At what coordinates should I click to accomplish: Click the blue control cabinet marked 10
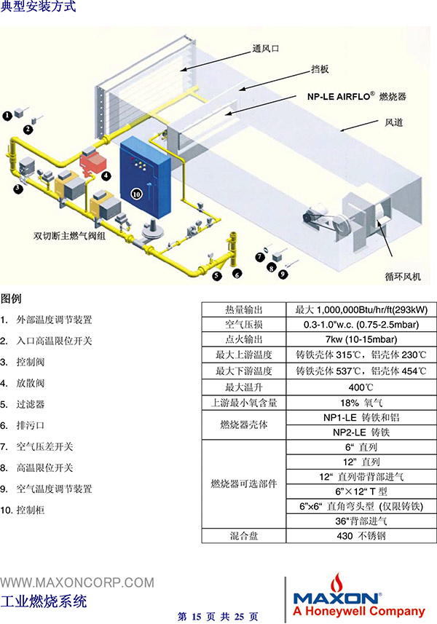pyautogui.click(x=145, y=178)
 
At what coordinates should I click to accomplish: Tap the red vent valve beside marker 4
pyautogui.click(x=92, y=161)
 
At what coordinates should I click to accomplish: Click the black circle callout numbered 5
pyautogui.click(x=216, y=275)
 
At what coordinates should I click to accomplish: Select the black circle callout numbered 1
pyautogui.click(x=7, y=116)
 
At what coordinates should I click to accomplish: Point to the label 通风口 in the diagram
pyautogui.click(x=265, y=49)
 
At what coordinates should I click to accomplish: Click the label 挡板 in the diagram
pyautogui.click(x=320, y=69)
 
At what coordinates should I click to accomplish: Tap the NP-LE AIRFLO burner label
pyautogui.click(x=357, y=96)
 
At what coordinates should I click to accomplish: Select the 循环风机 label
pyautogui.click(x=402, y=276)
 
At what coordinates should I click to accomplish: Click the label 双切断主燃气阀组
pyautogui.click(x=69, y=236)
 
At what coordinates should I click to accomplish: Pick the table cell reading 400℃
pyautogui.click(x=361, y=387)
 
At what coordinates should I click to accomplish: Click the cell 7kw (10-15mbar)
pyautogui.click(x=361, y=339)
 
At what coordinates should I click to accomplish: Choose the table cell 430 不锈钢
pyautogui.click(x=361, y=536)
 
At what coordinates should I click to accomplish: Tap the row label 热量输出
pyautogui.click(x=244, y=309)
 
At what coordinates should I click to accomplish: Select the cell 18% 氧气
pyautogui.click(x=361, y=403)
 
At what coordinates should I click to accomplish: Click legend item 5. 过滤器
pyautogui.click(x=23, y=404)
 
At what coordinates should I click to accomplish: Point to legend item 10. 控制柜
pyautogui.click(x=23, y=510)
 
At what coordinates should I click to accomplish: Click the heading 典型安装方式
pyautogui.click(x=38, y=7)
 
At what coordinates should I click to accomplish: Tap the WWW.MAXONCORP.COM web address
pyautogui.click(x=77, y=582)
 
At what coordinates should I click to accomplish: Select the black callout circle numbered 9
pyautogui.click(x=283, y=274)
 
